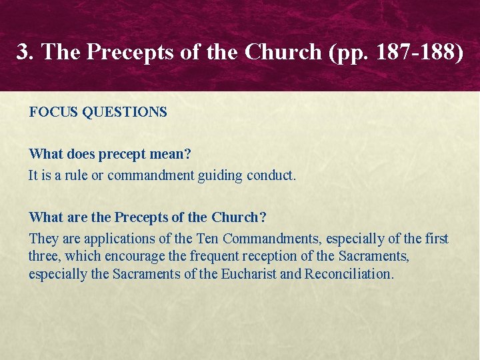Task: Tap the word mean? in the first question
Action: click(x=172, y=155)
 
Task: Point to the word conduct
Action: click(x=271, y=176)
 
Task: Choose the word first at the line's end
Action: click(x=436, y=239)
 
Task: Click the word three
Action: click(x=43, y=257)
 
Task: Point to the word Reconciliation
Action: click(x=349, y=274)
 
